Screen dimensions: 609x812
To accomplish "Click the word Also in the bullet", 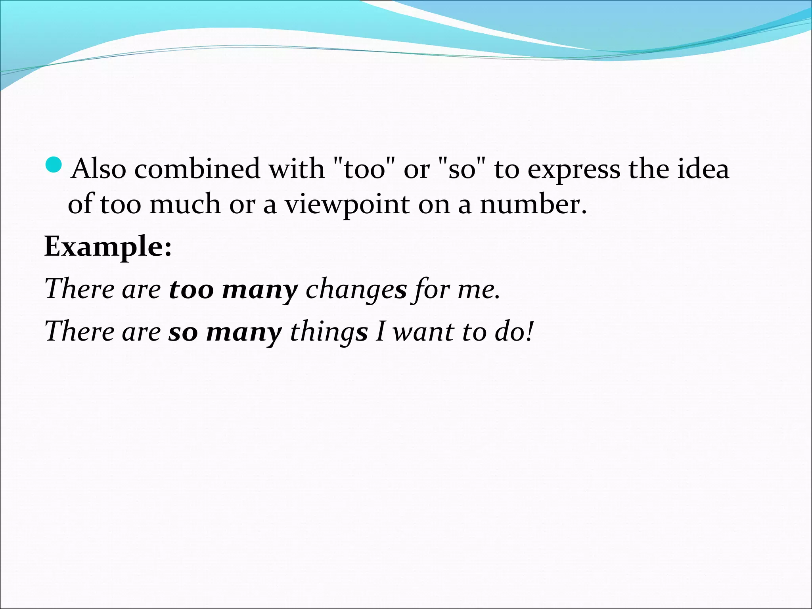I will pos(99,169).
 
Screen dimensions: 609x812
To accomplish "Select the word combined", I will pos(197,169).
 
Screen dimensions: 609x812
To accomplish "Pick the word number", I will pos(533,205).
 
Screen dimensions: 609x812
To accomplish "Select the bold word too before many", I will pos(192,289).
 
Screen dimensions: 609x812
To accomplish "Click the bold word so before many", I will pos(183,332).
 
